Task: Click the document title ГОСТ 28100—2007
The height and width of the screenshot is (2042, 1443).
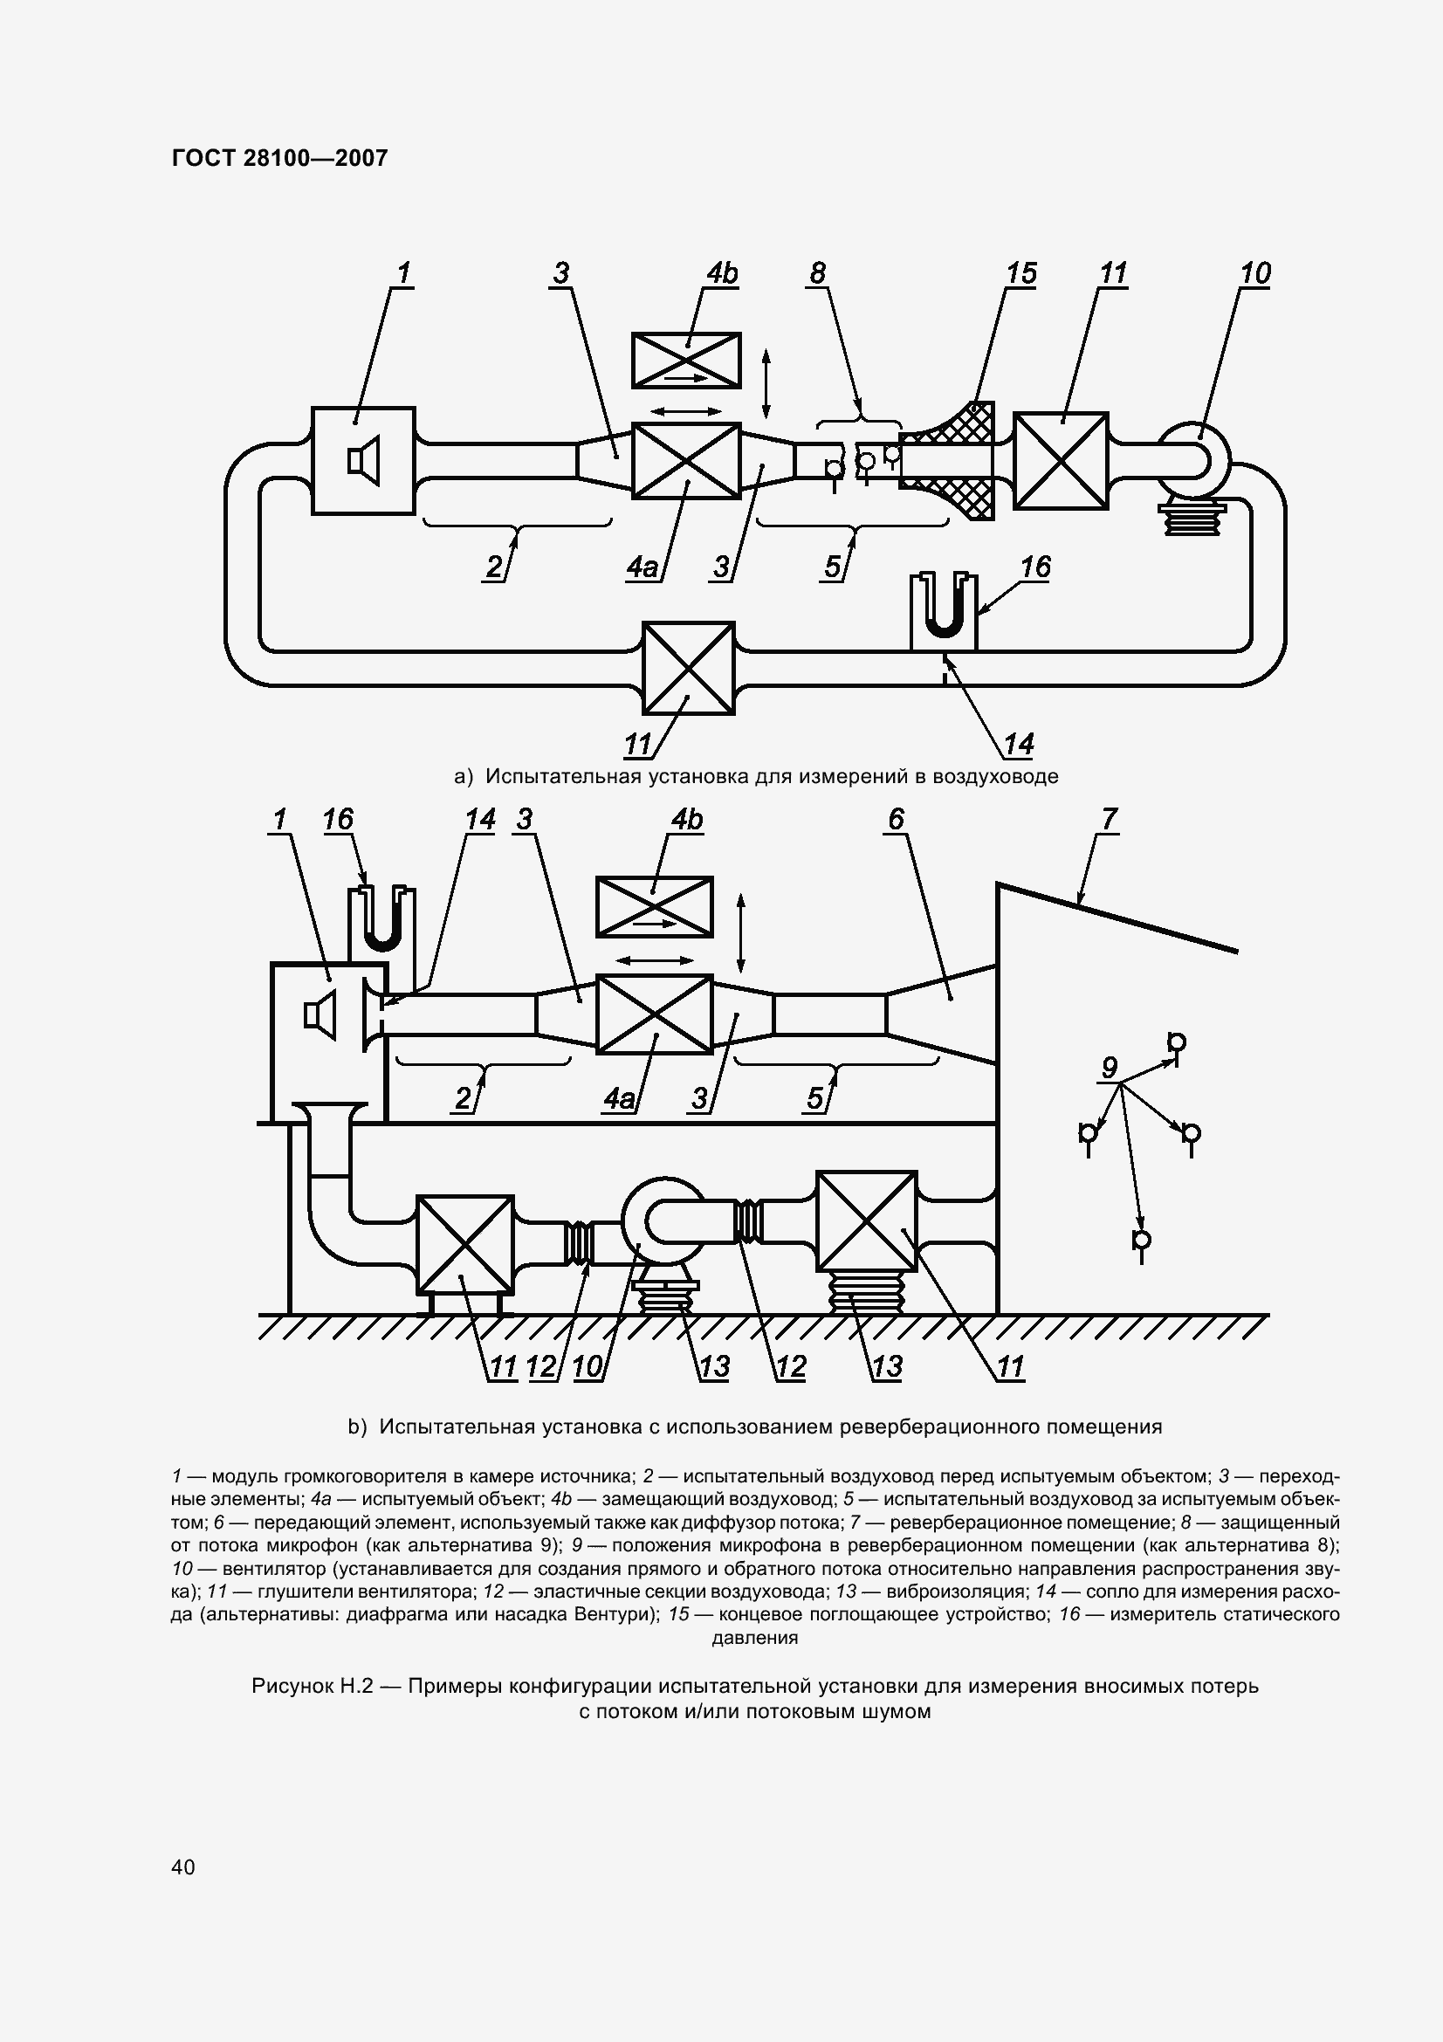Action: point(279,158)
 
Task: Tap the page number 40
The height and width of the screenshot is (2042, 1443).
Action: point(183,1866)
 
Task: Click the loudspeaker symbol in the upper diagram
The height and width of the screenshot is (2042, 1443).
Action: point(364,461)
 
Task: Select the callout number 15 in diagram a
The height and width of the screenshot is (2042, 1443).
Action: point(1021,273)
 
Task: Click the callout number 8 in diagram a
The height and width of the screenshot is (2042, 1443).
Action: point(817,273)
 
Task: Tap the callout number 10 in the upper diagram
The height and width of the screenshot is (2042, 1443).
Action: point(1254,273)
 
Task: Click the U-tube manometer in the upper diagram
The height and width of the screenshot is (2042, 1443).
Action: point(944,611)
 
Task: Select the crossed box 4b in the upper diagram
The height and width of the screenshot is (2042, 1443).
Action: point(686,361)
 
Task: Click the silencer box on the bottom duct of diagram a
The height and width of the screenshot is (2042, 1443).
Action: point(688,668)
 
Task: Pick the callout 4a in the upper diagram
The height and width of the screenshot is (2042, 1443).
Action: point(642,567)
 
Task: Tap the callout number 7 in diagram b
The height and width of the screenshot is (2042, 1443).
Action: point(1109,819)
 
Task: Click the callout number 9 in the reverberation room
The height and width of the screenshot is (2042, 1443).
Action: point(1109,1067)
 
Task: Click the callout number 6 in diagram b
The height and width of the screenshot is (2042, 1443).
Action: point(896,819)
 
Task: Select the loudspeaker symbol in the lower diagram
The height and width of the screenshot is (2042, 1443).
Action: point(320,1015)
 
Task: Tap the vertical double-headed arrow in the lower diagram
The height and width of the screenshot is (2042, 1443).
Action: point(740,934)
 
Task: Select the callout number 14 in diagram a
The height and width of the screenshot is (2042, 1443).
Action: point(1019,744)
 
